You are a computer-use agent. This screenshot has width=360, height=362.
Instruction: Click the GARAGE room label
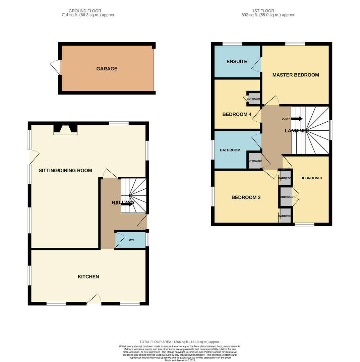point(107,69)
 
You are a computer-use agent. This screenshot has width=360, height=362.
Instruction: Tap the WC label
point(131,240)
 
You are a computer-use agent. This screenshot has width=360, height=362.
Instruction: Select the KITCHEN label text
point(88,277)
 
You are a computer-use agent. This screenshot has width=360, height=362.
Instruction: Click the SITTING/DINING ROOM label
point(65,171)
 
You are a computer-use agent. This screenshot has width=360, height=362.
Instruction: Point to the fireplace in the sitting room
point(65,130)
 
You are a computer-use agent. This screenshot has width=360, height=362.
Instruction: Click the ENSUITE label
point(237,61)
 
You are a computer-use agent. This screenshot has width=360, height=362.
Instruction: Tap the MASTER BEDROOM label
point(295,75)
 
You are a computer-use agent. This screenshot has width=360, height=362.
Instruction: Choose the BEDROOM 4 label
point(237,114)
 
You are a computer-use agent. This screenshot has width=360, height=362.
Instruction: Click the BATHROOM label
point(230,150)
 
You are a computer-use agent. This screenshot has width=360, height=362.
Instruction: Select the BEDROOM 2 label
point(246,197)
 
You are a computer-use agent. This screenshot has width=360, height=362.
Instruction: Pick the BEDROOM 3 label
point(311,178)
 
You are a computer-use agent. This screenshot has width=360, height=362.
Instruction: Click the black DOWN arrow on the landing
point(297,119)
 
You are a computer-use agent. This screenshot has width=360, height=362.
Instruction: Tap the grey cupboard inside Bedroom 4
point(254,99)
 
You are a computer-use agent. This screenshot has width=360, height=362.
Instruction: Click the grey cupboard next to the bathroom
point(254,161)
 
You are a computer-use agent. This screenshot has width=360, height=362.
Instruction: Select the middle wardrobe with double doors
point(286,197)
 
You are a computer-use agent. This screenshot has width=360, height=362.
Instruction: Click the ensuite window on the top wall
point(232,44)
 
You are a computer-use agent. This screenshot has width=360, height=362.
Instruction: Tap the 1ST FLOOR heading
point(263,11)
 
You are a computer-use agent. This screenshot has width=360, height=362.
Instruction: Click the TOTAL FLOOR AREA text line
point(180,342)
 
